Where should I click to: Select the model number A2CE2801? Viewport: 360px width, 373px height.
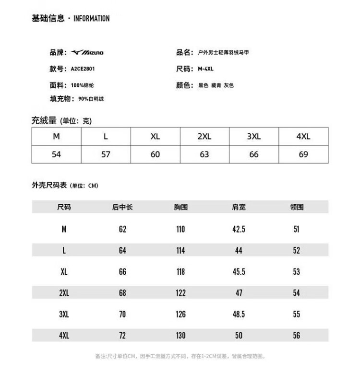pos(83,69)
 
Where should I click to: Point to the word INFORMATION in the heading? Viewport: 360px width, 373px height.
pos(91,19)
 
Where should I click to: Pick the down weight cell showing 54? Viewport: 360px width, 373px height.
pos(56,154)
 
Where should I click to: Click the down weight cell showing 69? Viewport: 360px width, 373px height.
pos(303,154)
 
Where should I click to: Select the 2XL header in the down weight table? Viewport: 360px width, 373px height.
pos(204,136)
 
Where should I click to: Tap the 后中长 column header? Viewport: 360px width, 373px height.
pos(122,207)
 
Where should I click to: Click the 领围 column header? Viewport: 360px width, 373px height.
pos(297,207)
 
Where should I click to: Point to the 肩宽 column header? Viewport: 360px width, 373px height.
pos(239,207)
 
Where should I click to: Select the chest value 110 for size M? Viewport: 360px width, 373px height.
pos(180,229)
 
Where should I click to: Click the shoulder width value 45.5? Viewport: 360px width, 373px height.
pos(239,272)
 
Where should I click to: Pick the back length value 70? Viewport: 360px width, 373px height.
pos(122,314)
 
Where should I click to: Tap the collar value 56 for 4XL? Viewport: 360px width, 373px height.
pos(297,335)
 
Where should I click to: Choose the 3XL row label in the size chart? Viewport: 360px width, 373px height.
pos(64,314)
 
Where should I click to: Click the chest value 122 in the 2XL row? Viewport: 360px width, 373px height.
pos(180,293)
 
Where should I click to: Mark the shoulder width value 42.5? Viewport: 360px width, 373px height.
pos(239,229)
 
